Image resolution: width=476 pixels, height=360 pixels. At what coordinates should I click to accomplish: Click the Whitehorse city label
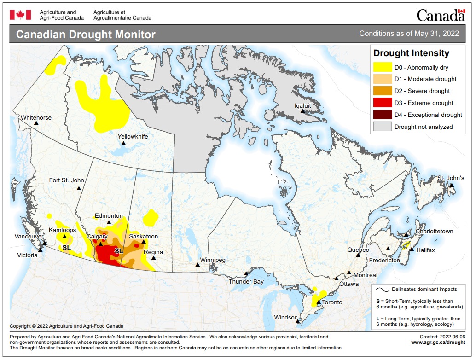(36, 118)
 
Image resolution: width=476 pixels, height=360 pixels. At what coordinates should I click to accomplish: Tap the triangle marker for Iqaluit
(303, 111)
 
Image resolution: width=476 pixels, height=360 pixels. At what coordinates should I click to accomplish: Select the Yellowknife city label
(133, 137)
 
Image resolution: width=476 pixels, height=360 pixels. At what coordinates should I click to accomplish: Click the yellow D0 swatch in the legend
(382, 67)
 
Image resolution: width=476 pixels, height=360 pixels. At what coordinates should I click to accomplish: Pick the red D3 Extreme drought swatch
(382, 103)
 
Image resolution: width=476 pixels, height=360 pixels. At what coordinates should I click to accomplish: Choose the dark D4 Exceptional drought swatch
(382, 115)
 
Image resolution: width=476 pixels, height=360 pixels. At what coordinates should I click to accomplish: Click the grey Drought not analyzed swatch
(382, 127)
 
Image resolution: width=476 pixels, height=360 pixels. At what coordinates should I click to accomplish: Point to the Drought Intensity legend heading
(411, 53)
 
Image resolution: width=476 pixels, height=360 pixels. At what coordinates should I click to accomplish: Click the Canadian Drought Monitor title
(86, 35)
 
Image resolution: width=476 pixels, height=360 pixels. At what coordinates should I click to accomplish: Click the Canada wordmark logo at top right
(441, 15)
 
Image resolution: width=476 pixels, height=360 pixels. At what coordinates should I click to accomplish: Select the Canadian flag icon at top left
(20, 15)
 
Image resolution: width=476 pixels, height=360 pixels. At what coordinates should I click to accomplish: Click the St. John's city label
(451, 178)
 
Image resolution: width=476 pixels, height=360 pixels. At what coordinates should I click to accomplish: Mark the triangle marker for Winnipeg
(197, 265)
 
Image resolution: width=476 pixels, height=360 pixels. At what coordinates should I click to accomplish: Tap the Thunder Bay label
(246, 281)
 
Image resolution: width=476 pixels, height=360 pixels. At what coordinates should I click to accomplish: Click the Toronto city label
(332, 302)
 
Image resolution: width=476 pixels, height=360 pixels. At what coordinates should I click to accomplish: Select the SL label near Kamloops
(67, 248)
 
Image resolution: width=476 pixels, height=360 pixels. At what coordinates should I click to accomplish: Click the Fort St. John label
(66, 180)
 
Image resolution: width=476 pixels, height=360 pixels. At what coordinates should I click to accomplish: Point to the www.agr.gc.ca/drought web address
(438, 342)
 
